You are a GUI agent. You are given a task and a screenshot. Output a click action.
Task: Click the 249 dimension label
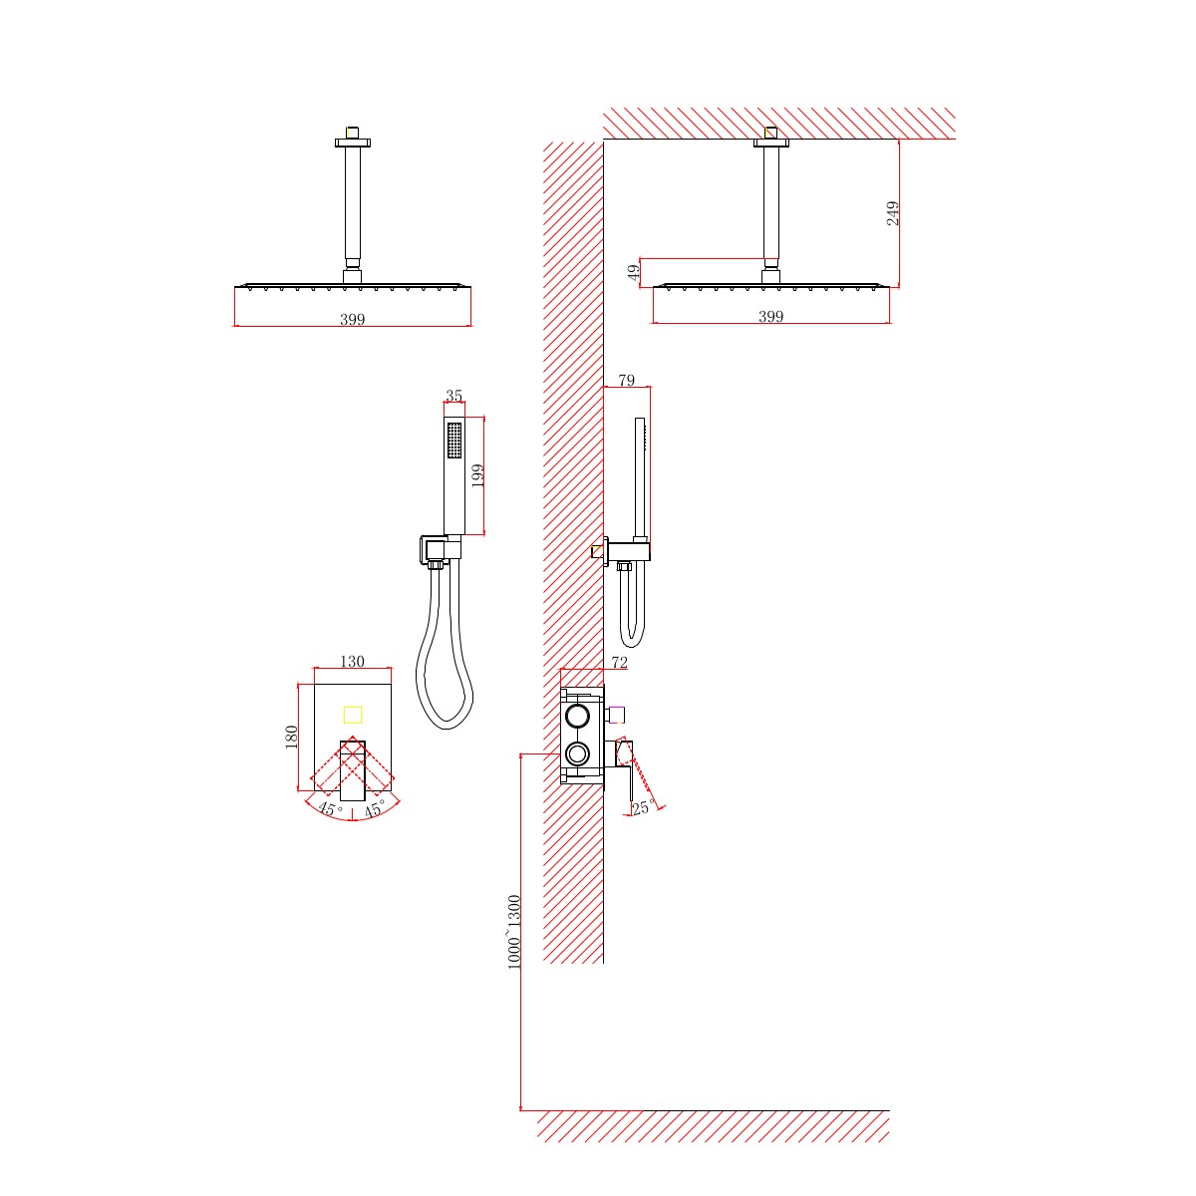coord(892,213)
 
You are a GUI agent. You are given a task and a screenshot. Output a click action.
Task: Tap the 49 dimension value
coord(633,272)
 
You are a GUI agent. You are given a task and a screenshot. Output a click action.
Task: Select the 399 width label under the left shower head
coord(352,319)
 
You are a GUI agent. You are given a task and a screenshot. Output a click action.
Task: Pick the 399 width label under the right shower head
coord(770,316)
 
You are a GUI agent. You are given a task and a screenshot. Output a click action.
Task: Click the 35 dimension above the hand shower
coord(453,396)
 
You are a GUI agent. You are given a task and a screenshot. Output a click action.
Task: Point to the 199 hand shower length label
coord(477,475)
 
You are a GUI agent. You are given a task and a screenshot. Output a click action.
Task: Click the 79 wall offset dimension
coord(627,380)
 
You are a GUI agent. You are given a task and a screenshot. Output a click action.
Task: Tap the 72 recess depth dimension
coord(619,662)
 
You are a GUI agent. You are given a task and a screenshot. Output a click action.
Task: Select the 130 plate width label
coord(352,661)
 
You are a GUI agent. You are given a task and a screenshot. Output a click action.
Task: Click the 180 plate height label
coord(291,737)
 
